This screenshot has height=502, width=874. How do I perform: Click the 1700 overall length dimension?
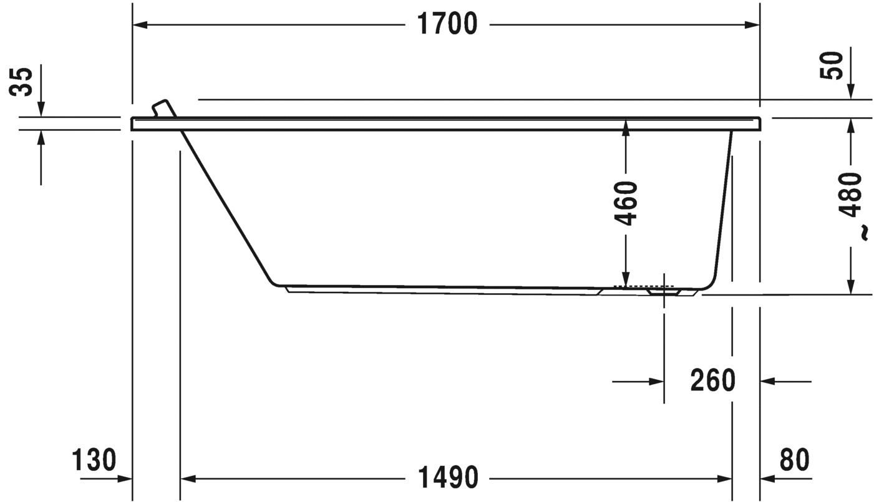(447, 24)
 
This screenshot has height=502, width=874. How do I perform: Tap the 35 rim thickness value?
(21, 82)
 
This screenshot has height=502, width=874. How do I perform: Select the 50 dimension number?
(831, 65)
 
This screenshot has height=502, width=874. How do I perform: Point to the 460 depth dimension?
(626, 203)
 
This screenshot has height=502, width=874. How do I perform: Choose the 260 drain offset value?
(712, 380)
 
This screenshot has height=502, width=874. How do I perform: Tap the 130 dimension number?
(94, 460)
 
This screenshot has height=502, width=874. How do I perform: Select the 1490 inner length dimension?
(448, 477)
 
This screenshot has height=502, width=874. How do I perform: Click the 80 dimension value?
(794, 460)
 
